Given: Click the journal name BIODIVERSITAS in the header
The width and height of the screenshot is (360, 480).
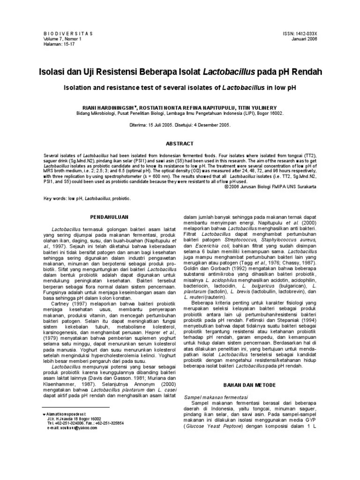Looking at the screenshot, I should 68,34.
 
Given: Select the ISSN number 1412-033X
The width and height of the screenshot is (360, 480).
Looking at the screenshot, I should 303,34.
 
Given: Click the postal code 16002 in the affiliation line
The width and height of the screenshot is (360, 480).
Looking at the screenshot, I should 275,113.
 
